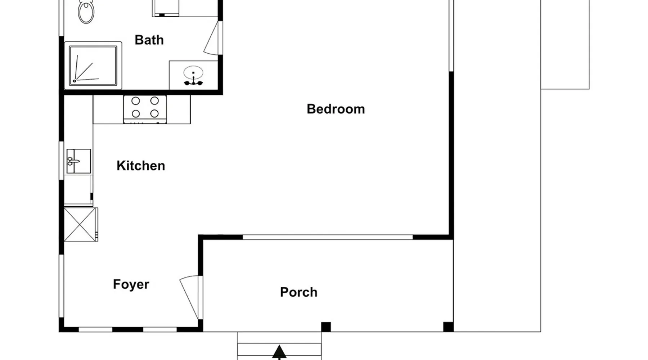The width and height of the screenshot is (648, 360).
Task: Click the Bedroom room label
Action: click(x=336, y=109)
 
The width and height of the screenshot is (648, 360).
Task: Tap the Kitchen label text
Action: click(x=141, y=166)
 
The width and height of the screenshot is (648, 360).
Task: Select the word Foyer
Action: click(x=131, y=284)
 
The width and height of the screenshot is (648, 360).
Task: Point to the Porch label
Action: click(x=299, y=292)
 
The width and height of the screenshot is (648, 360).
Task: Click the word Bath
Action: click(x=149, y=40)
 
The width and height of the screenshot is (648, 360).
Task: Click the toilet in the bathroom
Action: click(x=86, y=11)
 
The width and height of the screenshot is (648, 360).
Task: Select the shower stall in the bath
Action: click(x=93, y=66)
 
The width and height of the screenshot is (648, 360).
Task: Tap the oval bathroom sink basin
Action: click(x=193, y=73)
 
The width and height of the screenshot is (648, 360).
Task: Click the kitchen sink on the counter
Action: click(x=78, y=161)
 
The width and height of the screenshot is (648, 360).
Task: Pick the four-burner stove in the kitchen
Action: click(x=145, y=109)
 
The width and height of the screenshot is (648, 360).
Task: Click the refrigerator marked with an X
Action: click(x=81, y=224)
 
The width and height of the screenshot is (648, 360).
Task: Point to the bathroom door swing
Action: click(x=212, y=38)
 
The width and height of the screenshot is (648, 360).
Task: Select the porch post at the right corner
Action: click(x=448, y=327)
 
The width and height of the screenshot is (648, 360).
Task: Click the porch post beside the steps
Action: click(x=326, y=327)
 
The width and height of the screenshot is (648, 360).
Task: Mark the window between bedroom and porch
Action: click(x=328, y=237)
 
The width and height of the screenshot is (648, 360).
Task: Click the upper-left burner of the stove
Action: click(x=136, y=101)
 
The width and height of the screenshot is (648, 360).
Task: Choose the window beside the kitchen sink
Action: click(x=61, y=161)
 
